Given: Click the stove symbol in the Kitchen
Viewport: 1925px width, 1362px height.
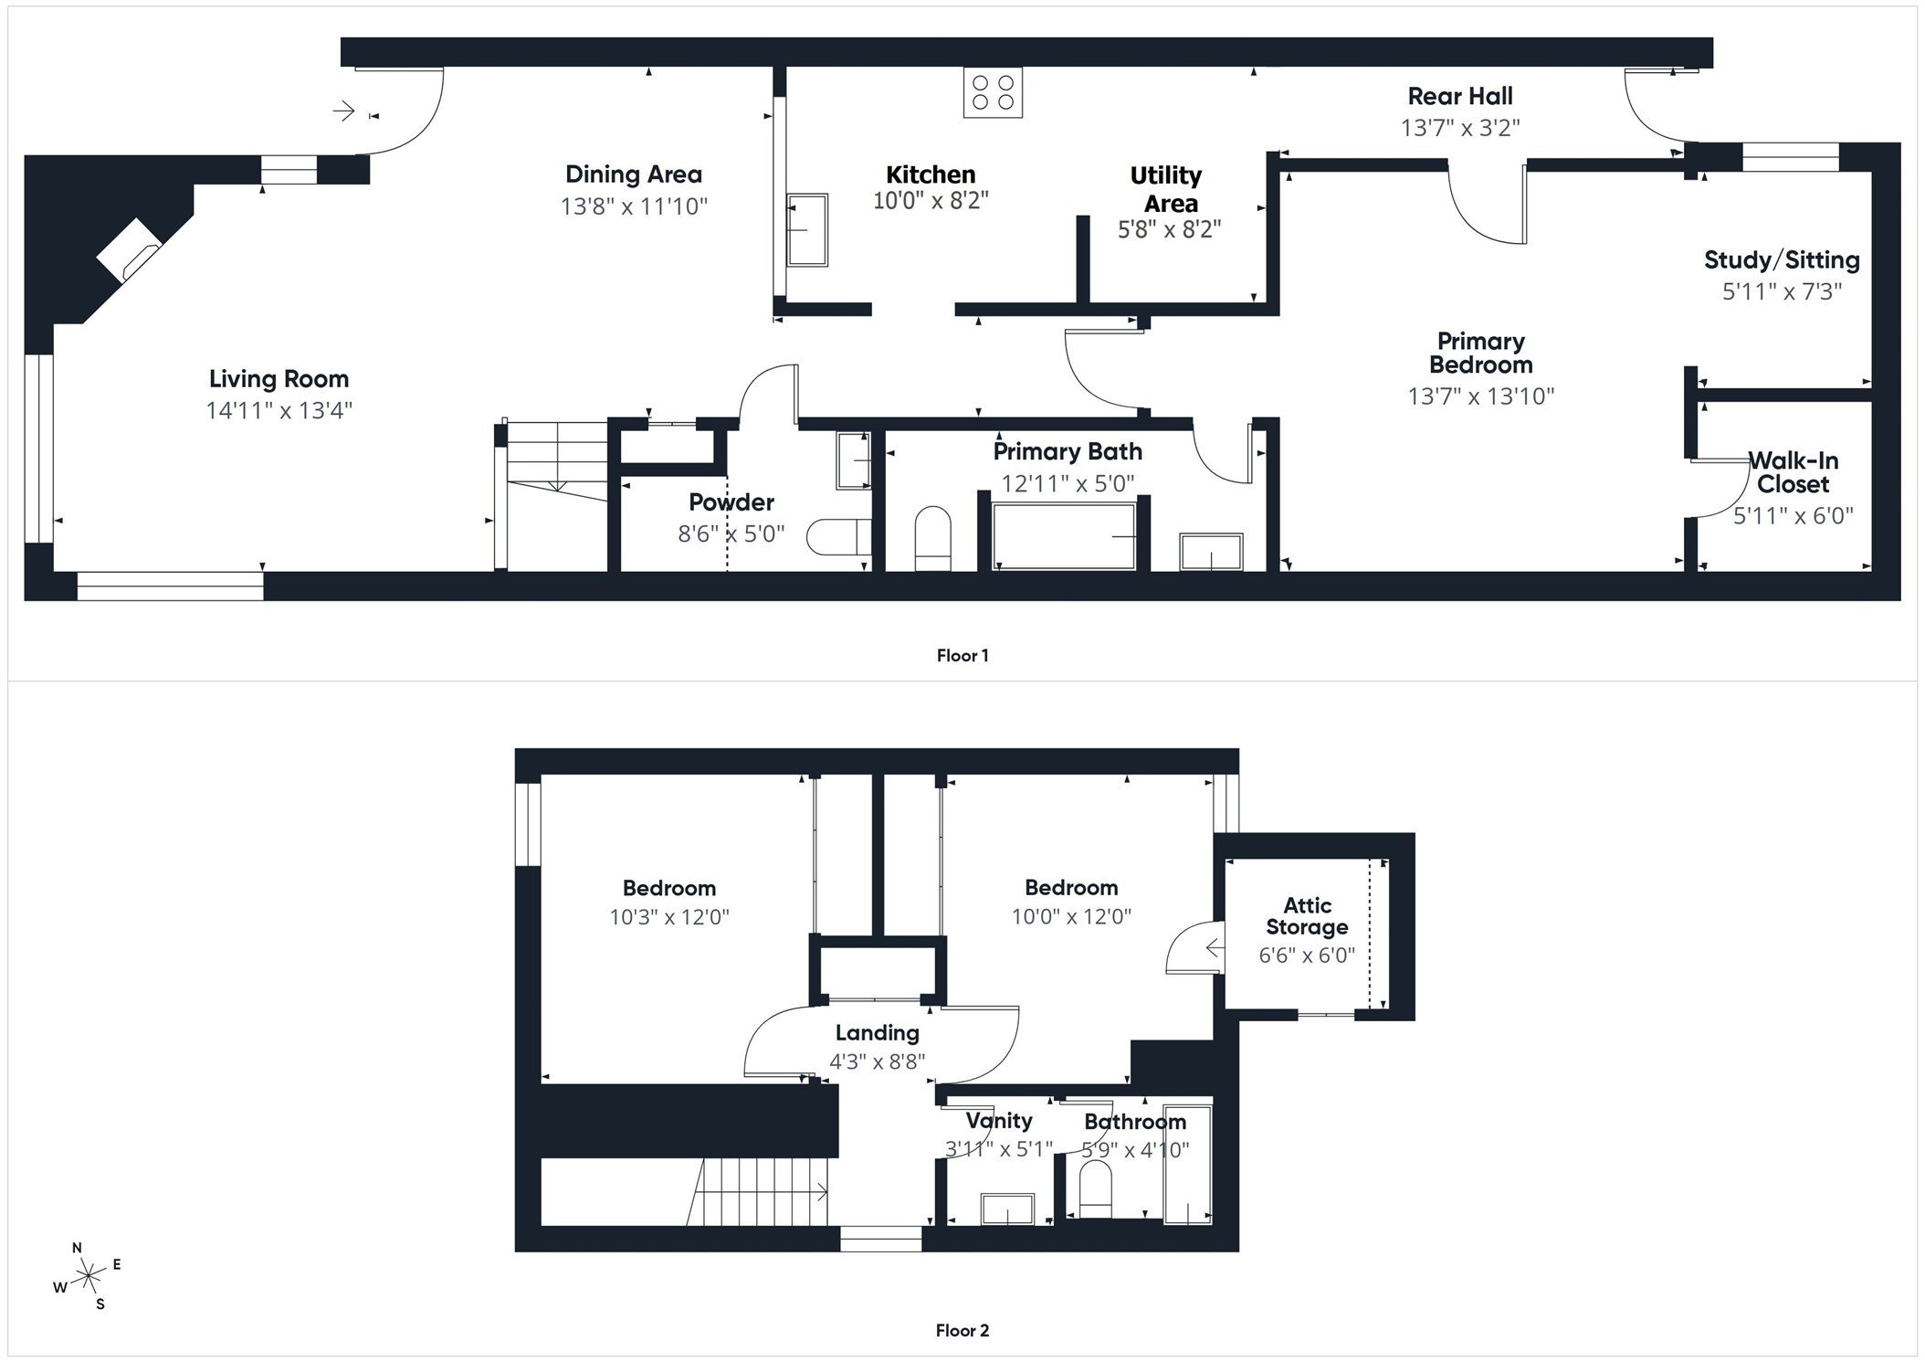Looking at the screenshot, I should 993,92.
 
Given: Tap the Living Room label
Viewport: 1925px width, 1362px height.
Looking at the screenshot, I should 279,379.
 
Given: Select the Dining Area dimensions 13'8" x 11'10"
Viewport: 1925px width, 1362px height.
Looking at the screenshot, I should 634,206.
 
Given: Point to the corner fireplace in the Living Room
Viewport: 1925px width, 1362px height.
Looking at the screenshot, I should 130,249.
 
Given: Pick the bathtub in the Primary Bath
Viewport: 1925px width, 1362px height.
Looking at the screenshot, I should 1064,537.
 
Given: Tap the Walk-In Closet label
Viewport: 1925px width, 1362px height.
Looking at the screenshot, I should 1793,472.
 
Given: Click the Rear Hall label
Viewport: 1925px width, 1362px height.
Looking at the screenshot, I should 1459,96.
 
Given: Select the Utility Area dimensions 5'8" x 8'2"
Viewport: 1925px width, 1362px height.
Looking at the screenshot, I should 1169,229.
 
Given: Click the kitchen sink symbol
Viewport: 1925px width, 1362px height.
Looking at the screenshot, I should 806,229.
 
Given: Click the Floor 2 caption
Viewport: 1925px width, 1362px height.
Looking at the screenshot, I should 962,1330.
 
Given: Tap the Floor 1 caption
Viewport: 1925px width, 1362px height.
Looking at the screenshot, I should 962,655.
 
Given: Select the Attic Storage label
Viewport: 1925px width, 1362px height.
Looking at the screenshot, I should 1307,916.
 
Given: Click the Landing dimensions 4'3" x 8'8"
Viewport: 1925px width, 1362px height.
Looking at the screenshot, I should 877,1061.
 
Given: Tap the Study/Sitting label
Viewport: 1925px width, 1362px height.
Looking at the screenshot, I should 1781,260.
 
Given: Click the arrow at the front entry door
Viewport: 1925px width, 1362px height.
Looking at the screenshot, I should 344,111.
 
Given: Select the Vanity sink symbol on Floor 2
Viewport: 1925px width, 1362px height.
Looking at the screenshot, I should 1006,1209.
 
